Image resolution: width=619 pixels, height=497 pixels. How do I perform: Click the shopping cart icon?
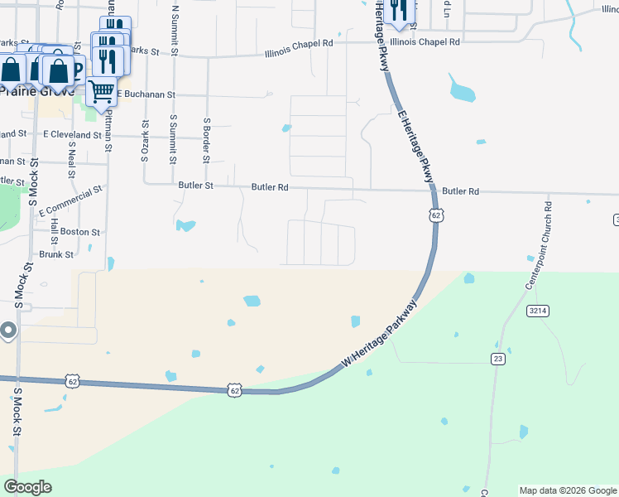click(x=101, y=91)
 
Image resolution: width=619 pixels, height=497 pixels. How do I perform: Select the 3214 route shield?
click(x=535, y=311)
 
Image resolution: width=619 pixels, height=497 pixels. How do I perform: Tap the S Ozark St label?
click(x=145, y=140)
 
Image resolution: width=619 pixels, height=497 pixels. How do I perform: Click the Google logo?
click(x=27, y=487)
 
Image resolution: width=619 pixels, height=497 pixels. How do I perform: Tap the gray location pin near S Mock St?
click(x=8, y=331)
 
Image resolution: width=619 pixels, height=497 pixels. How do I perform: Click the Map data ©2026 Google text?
click(x=568, y=490)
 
